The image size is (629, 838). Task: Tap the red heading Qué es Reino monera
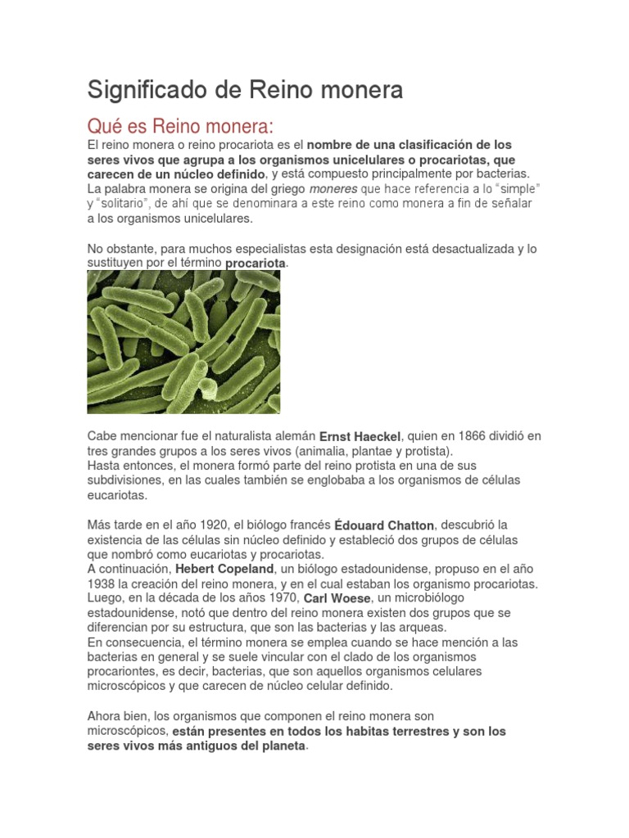[179, 128]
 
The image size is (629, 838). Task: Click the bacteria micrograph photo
[183, 342]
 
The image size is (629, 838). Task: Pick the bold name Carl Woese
[337, 598]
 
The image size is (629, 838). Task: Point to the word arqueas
[417, 627]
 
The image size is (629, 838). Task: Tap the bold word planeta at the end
[278, 746]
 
